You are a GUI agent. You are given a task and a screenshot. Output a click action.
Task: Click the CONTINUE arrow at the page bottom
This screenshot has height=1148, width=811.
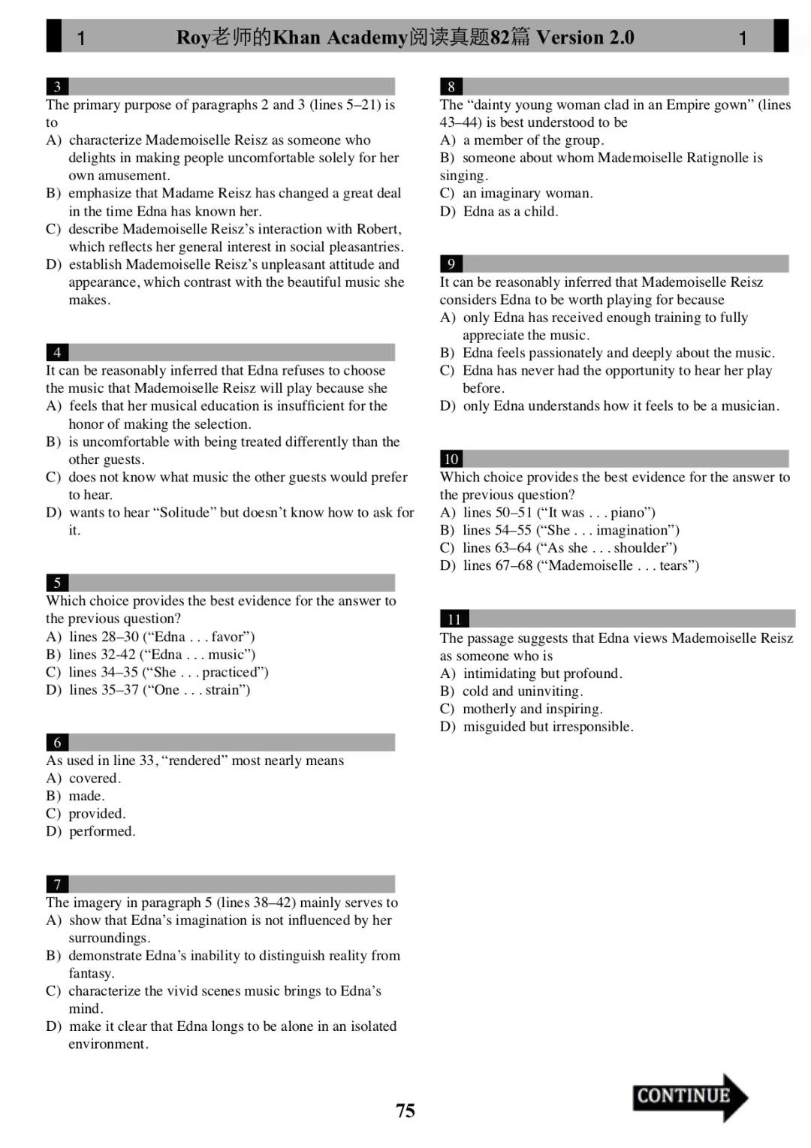(689, 1097)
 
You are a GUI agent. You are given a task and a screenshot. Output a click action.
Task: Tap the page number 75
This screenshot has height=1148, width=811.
(405, 1110)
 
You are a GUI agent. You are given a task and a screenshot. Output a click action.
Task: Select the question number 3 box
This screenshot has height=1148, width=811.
(57, 86)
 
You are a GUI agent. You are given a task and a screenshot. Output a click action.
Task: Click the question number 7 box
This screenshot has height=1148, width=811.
(57, 884)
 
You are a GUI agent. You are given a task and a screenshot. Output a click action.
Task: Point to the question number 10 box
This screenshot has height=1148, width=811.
(451, 459)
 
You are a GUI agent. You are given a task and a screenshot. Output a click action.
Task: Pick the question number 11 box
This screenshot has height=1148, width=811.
(454, 619)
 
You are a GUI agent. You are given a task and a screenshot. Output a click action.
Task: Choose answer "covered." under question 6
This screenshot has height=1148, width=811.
(94, 779)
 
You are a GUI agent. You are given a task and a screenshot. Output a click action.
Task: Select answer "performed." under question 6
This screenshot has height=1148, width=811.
(101, 832)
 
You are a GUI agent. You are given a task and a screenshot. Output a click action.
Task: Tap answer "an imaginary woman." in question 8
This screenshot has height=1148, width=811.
(527, 194)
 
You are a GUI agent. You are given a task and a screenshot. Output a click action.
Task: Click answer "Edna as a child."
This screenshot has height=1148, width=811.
(510, 212)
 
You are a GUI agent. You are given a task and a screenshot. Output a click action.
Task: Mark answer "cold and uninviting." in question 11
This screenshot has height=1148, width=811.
(522, 692)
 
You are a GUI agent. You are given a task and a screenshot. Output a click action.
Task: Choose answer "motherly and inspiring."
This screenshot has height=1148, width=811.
(532, 710)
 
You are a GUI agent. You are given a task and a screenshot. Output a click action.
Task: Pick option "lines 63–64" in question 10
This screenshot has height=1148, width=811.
(496, 548)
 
